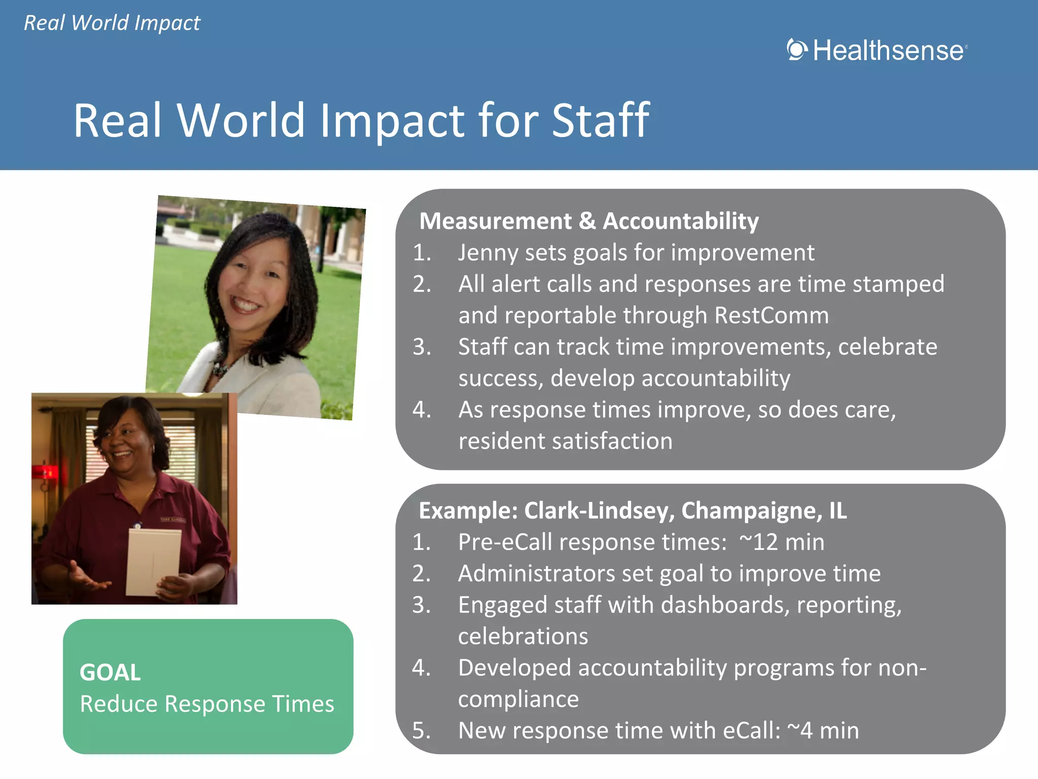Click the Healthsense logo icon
[796, 50]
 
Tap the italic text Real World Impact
[112, 23]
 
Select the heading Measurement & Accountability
[588, 221]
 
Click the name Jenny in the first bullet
[488, 253]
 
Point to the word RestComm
[771, 315]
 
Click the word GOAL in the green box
[110, 673]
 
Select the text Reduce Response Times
[207, 704]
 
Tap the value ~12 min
[782, 542]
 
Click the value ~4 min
[823, 731]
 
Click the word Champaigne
[751, 511]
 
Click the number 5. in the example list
[421, 731]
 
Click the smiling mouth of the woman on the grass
[246, 304]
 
